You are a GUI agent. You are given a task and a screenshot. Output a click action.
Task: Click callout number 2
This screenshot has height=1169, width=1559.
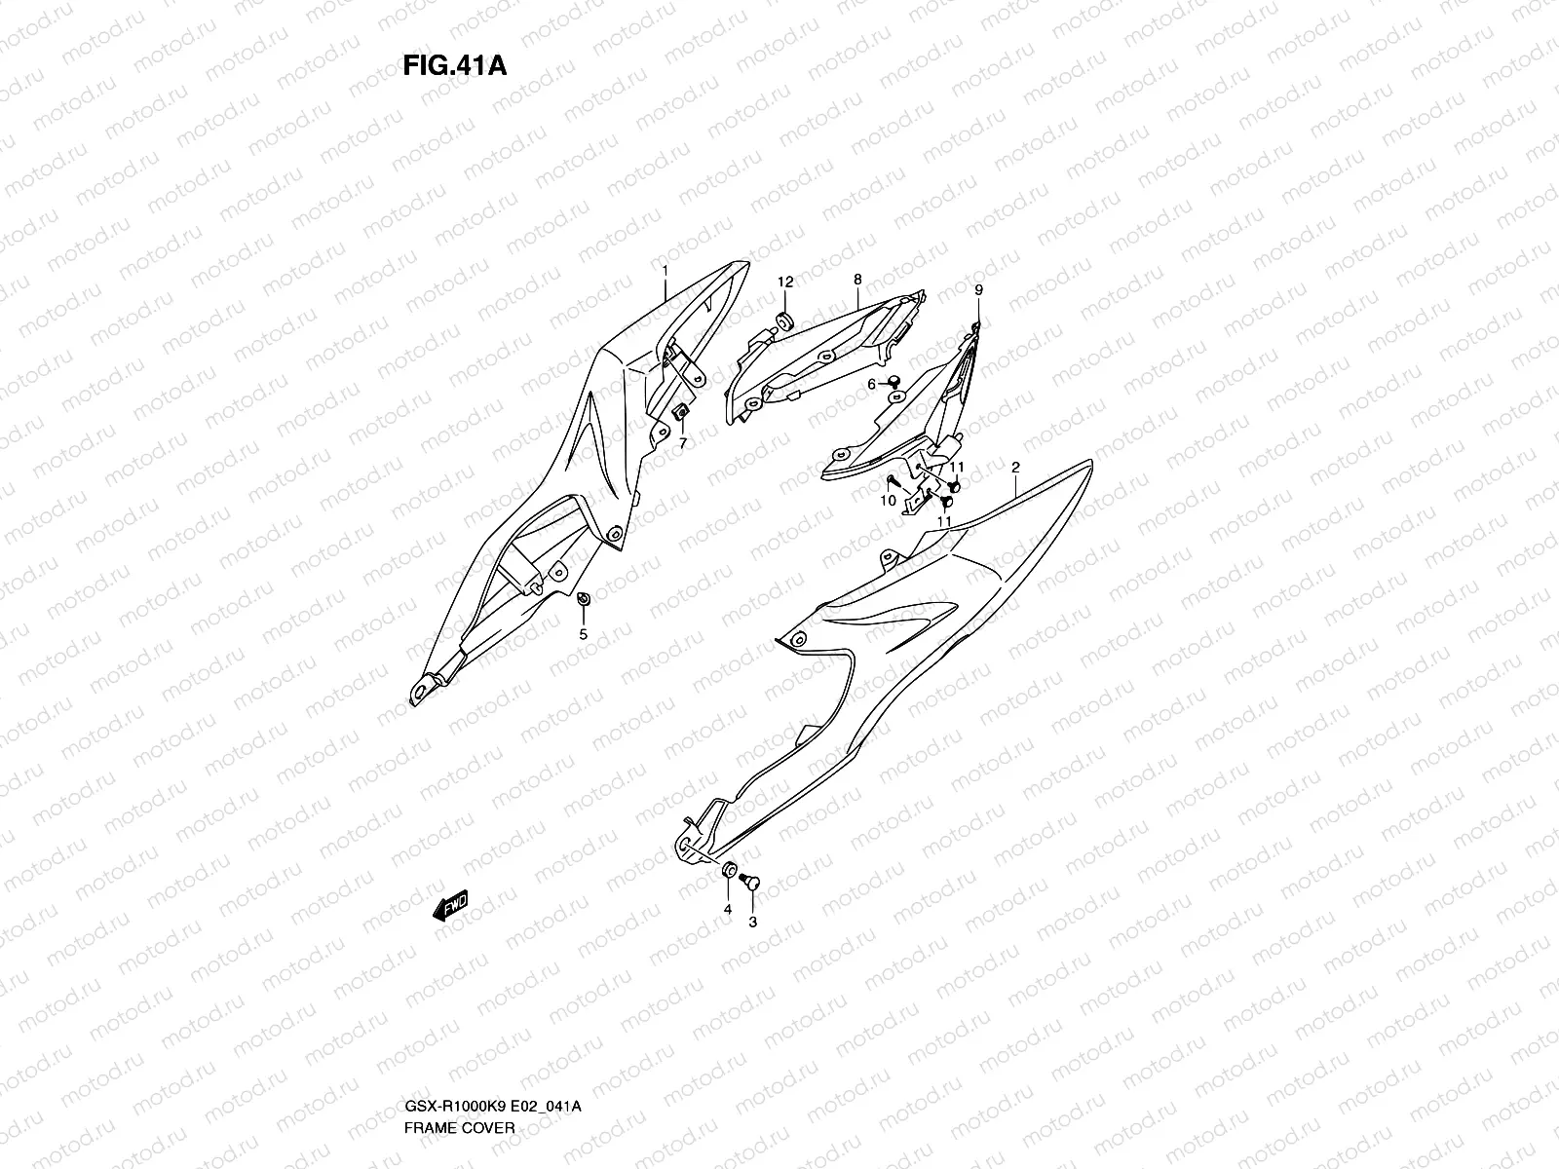[x=1014, y=469]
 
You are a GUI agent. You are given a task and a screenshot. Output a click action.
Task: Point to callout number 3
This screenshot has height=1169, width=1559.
[x=752, y=921]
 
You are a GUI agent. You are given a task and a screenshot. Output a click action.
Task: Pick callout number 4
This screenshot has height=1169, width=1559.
[x=727, y=910]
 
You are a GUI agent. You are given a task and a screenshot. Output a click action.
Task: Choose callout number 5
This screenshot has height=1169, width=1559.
[x=584, y=634]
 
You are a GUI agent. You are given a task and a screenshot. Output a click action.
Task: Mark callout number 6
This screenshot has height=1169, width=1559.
[x=872, y=385]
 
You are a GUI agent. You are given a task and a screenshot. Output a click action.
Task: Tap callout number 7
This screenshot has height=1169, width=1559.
[x=682, y=444]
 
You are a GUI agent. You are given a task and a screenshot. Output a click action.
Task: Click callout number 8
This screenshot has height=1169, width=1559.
[x=857, y=280]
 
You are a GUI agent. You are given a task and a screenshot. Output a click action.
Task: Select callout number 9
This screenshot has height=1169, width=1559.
[x=978, y=290]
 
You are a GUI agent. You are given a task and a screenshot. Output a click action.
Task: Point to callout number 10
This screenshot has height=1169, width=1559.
[x=888, y=501]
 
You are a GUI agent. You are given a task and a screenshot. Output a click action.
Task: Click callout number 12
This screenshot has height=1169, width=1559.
[x=785, y=283]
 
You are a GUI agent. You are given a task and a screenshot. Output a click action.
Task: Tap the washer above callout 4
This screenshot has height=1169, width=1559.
[x=727, y=870]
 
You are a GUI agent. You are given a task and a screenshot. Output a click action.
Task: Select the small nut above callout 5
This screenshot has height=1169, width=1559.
[x=583, y=598]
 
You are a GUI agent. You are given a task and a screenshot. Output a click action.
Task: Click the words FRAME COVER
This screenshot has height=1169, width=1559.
[x=458, y=1046]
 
